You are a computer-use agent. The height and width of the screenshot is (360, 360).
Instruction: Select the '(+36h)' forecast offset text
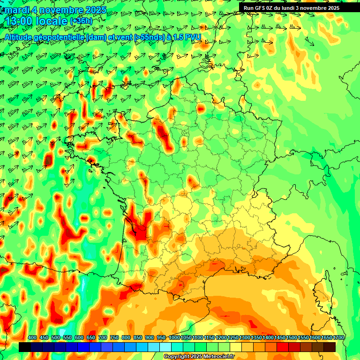coord(81,21)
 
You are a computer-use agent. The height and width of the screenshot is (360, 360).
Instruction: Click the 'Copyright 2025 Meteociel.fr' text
coord(198,357)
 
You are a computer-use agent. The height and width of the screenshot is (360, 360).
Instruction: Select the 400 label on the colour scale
coord(32,338)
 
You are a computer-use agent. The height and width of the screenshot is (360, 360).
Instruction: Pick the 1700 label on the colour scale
coord(338,338)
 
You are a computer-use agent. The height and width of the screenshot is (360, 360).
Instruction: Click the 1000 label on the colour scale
coord(174,338)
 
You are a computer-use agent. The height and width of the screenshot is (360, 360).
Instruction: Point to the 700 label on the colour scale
coord(103,338)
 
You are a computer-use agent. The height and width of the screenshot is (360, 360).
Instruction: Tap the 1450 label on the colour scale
coord(280,338)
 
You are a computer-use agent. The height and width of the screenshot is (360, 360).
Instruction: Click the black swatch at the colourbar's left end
coord(25,347)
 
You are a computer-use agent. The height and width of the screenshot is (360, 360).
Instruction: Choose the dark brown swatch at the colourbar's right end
coord(330,347)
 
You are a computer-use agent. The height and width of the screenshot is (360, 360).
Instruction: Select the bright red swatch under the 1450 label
coord(283,347)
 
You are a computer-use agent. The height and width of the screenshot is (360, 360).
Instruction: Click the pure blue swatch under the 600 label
coord(83,347)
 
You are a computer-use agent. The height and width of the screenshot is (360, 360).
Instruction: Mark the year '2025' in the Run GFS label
coord(332,8)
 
